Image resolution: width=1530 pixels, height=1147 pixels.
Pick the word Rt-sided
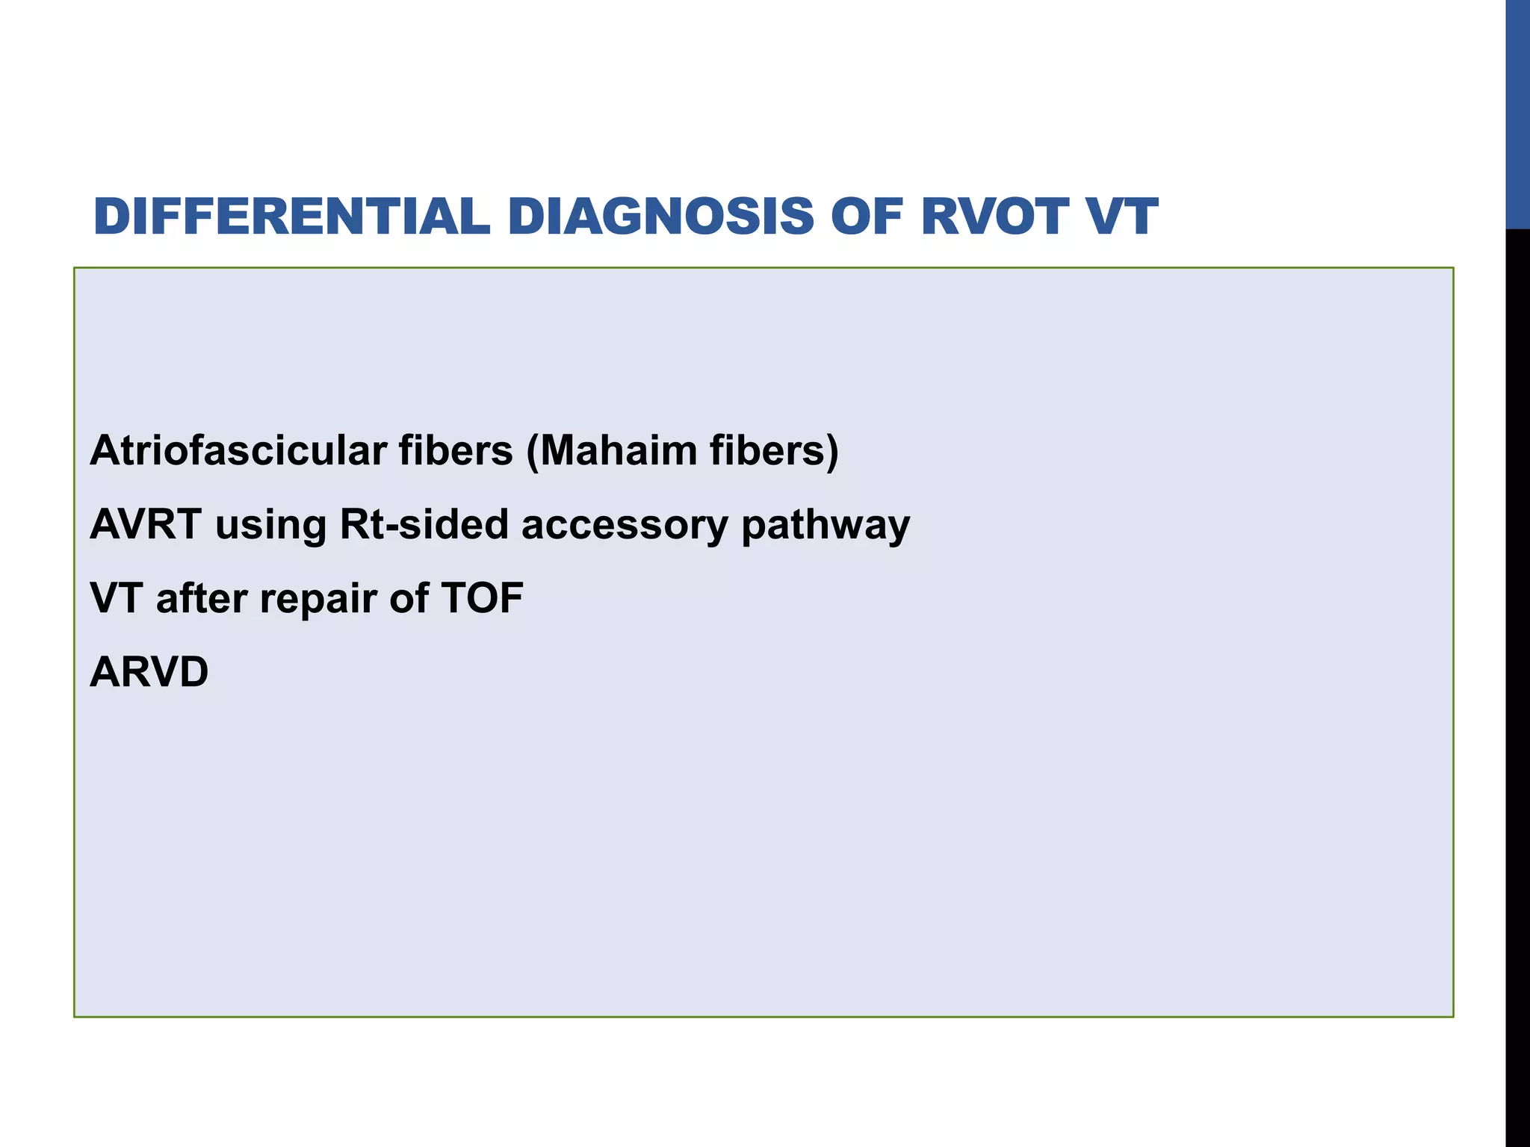click(x=424, y=524)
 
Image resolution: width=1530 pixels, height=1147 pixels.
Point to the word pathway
click(x=826, y=526)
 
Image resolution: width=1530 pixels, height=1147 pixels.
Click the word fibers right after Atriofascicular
click(x=456, y=451)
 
